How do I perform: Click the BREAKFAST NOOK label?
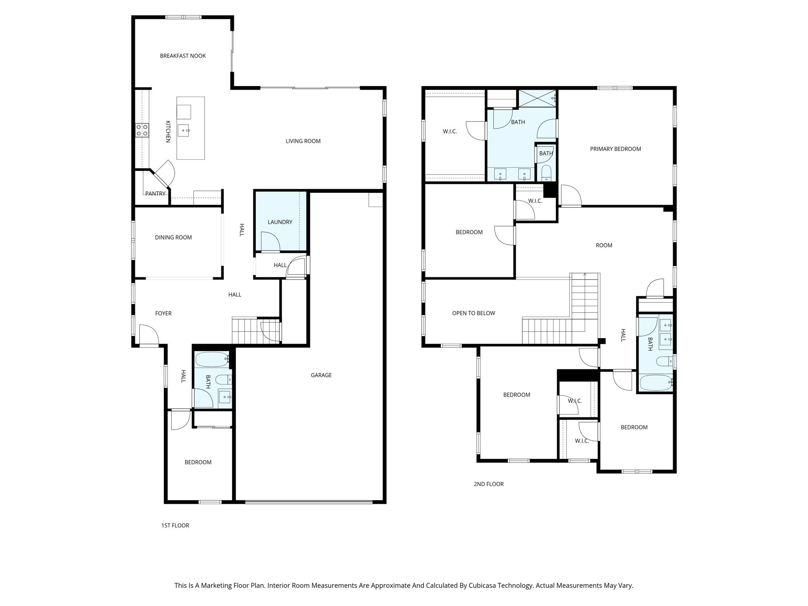pos(183,56)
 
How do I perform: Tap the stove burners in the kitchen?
pos(142,130)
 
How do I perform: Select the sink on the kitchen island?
pos(183,130)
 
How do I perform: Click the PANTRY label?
pos(155,194)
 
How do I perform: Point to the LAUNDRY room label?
pos(280,222)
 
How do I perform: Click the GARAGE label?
pos(321,375)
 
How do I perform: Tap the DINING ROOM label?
pos(173,238)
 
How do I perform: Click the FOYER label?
pos(163,314)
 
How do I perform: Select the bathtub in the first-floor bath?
pos(212,359)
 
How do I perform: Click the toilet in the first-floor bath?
pos(223,380)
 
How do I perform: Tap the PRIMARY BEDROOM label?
pos(615,149)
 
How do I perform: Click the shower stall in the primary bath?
pos(537,98)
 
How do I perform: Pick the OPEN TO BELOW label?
pos(473,313)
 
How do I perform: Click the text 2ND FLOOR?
pos(488,484)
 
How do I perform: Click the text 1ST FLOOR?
pos(175,526)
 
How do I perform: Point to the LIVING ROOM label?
pos(303,141)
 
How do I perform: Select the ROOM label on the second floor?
pos(604,245)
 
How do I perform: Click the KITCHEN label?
pos(168,132)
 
